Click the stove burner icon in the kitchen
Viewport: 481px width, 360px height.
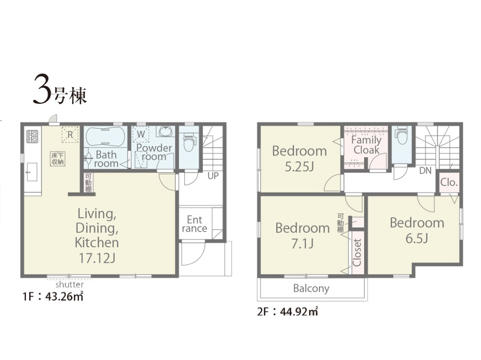click(32, 136)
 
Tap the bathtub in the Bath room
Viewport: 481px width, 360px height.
click(105, 136)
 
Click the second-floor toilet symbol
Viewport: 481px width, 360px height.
click(401, 135)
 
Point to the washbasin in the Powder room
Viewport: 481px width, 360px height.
click(165, 131)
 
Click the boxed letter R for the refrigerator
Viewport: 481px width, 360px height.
click(70, 135)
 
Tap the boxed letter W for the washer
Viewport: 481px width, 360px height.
click(141, 134)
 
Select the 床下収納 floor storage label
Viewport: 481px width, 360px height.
click(58, 159)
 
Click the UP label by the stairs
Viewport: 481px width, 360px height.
click(213, 176)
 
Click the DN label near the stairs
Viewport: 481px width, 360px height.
click(425, 171)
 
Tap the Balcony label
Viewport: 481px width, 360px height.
click(311, 288)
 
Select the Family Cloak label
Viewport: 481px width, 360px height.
click(366, 145)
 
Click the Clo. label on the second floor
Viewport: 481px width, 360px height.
click(449, 182)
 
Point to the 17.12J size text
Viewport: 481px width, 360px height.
click(97, 258)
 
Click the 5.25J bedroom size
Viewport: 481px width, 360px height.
click(299, 166)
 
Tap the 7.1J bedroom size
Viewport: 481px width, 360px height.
click(302, 244)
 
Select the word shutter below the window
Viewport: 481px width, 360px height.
click(70, 284)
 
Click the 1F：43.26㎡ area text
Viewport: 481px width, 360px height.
click(53, 297)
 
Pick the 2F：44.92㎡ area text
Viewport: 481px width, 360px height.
click(287, 312)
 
